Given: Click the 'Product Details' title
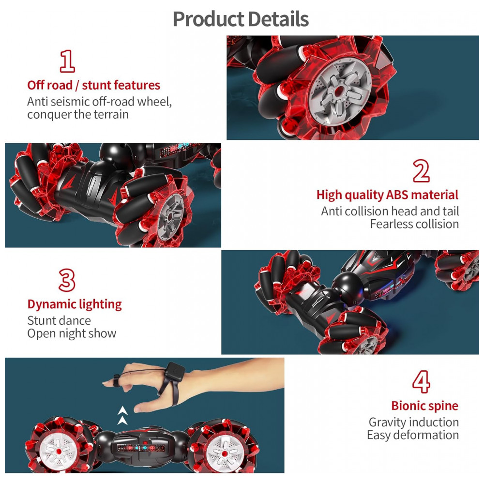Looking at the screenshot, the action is coord(241,19).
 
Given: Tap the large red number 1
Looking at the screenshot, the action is coord(67,61).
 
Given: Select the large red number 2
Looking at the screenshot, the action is coord(421,171).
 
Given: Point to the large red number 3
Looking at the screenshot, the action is coord(67,280).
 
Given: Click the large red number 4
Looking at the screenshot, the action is coord(421,382).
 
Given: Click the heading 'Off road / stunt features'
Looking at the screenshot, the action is coord(93,85).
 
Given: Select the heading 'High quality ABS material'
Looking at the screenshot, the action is coord(387,195).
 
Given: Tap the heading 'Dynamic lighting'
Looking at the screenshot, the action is coord(75,304).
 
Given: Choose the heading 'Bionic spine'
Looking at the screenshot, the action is coord(425,406).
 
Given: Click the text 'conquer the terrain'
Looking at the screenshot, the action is coord(78,115).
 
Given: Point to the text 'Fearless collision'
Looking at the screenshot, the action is coord(414,224).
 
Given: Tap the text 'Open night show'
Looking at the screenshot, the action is coord(72,333).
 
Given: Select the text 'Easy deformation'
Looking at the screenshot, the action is coord(413,435).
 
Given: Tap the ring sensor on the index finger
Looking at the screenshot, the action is coord(116,380).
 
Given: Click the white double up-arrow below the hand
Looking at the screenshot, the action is coord(122,415).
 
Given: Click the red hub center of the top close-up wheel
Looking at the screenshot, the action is coord(340,91).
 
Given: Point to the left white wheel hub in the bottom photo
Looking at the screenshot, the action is coord(59,451).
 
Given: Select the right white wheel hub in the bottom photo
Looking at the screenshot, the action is coord(225,453).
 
